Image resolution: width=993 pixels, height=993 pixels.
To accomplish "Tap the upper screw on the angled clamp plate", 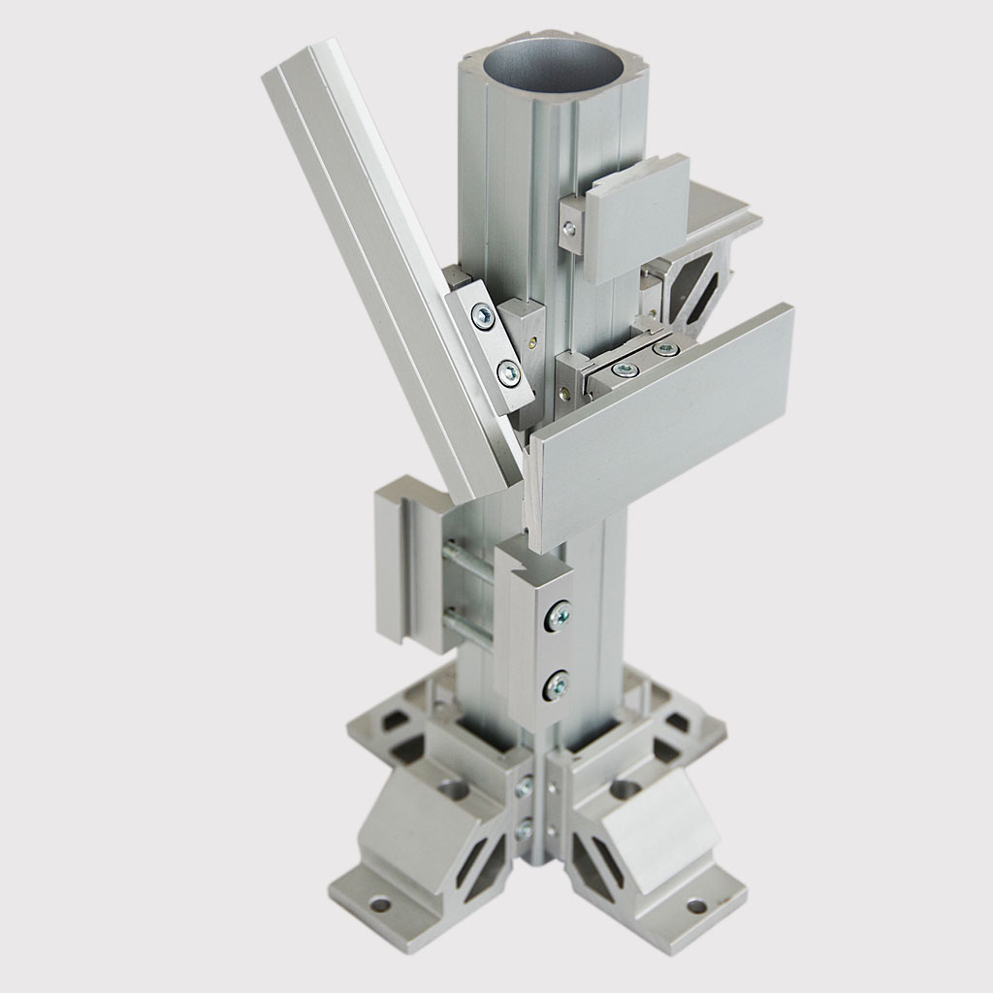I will click(x=482, y=314).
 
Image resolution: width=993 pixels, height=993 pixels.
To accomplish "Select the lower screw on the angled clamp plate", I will click(x=506, y=371).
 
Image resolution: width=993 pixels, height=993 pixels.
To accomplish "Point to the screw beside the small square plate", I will click(x=569, y=229).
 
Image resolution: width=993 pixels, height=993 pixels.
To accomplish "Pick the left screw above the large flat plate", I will click(x=626, y=369).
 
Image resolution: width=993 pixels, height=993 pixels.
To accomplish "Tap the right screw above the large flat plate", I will click(x=664, y=347).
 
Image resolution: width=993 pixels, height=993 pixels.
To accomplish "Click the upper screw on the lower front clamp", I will click(x=558, y=615).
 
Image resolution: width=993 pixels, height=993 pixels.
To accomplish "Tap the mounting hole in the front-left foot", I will click(x=380, y=904).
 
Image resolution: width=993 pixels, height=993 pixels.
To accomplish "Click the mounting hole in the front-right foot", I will click(x=696, y=906).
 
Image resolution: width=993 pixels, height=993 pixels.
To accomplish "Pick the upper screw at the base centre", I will click(x=525, y=787).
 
